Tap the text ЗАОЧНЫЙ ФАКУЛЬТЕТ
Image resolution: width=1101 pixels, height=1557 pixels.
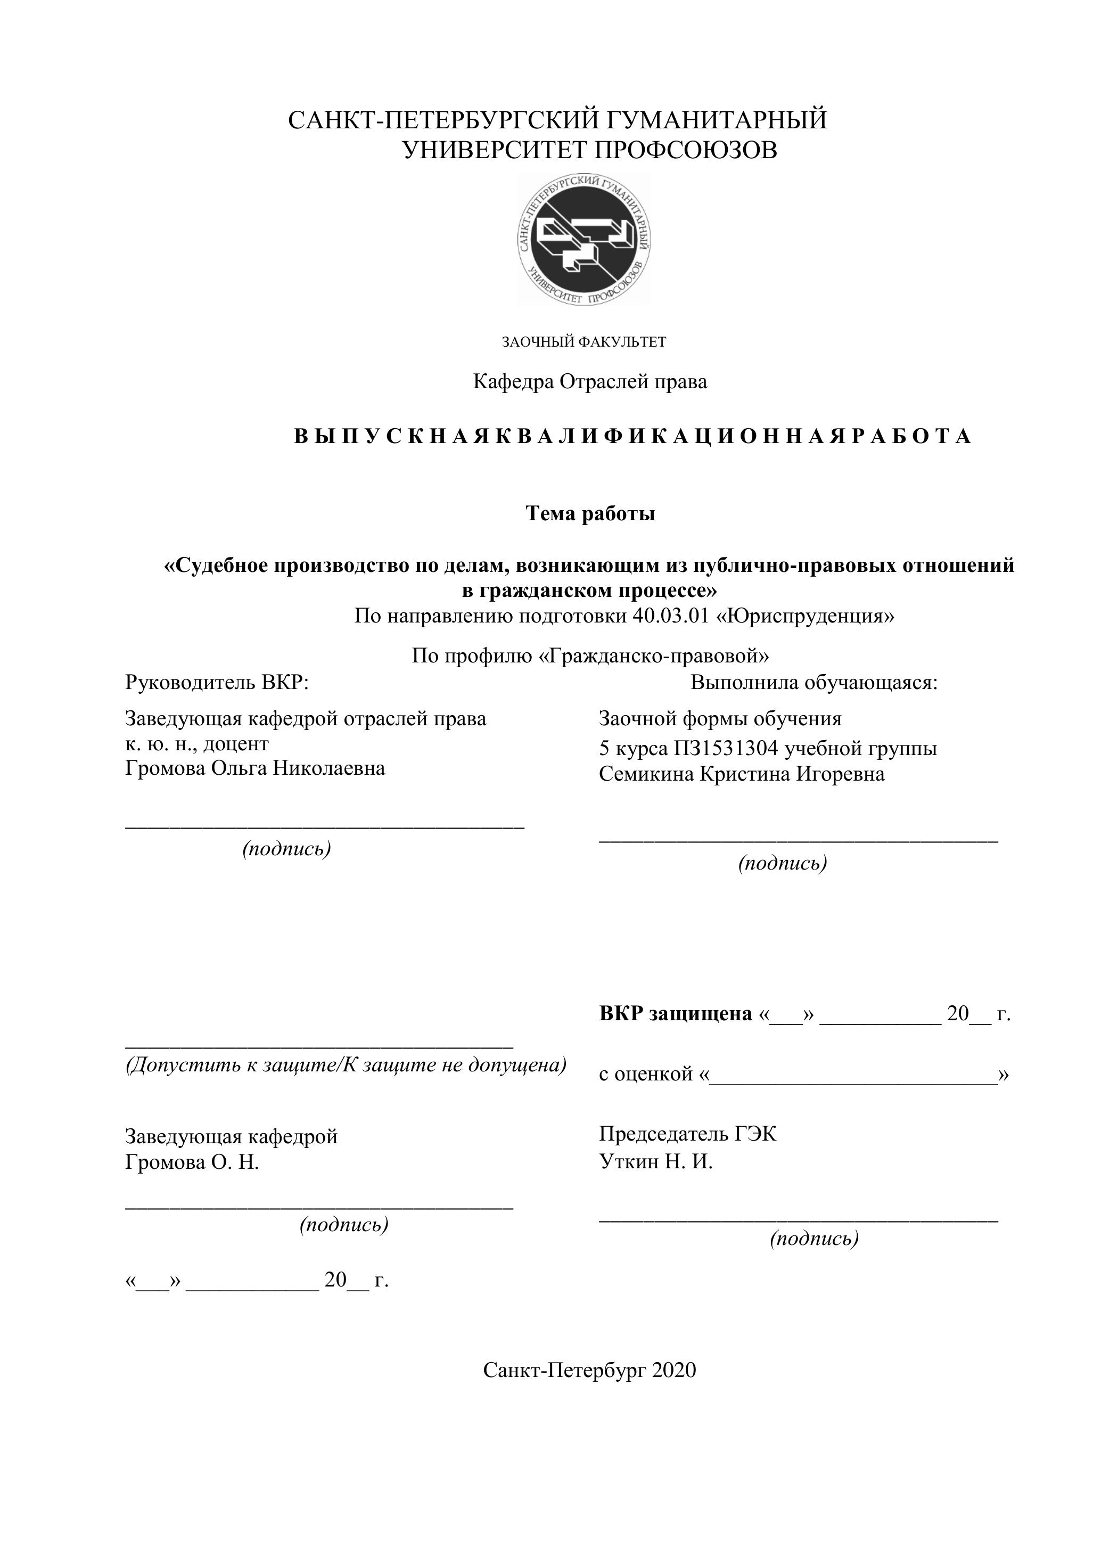coord(584,342)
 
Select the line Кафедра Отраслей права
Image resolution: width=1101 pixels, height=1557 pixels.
coord(589,382)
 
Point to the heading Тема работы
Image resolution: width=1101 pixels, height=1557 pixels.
coord(590,514)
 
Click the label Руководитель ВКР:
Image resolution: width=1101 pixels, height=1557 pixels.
coord(217,682)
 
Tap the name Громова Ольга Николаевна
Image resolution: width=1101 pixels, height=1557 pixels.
coord(255,768)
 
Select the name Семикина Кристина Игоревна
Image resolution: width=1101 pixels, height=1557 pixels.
coord(741,774)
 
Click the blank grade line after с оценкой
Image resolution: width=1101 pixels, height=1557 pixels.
coord(853,1073)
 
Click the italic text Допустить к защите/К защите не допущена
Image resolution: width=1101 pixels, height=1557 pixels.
coord(346,1064)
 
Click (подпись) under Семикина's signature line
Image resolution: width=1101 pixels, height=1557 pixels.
coord(783,863)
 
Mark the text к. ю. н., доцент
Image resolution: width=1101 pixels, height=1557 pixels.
coord(196,743)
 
